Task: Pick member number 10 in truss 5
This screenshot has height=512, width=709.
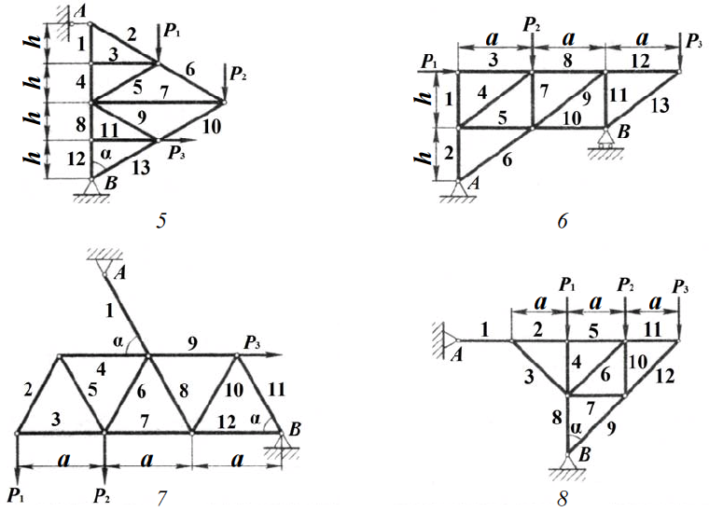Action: pyautogui.click(x=210, y=127)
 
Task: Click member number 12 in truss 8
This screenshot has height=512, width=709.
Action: pyautogui.click(x=664, y=377)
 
